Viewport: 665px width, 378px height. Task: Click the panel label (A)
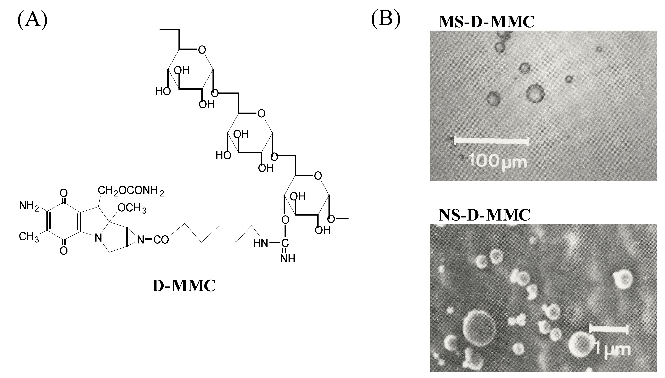coord(32,20)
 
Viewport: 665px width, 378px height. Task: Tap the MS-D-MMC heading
coord(486,22)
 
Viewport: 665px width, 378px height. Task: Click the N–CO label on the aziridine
coord(153,240)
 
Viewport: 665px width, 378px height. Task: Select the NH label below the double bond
coord(288,259)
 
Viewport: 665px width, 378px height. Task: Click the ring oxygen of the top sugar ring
coord(202,49)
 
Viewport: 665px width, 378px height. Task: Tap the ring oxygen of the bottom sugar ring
coord(318,176)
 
